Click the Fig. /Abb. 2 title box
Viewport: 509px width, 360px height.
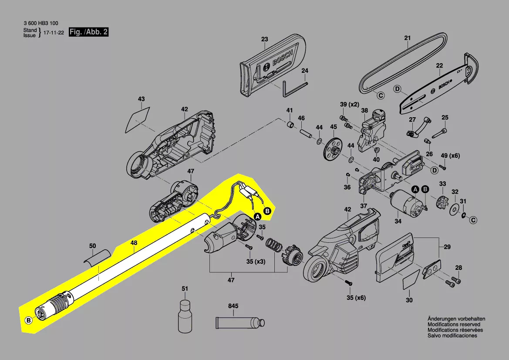coord(89,32)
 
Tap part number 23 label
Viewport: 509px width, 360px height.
coord(265,39)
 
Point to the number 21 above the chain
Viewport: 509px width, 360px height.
coord(408,38)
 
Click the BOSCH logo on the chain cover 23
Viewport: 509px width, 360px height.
coord(283,57)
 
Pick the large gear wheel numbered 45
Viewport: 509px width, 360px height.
coord(333,149)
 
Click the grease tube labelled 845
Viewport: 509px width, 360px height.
coord(240,323)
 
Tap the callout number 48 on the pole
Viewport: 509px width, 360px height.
coord(134,243)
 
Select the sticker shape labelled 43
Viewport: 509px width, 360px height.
coord(138,119)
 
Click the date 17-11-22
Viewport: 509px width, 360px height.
coord(54,33)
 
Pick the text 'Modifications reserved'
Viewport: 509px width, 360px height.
coord(454,324)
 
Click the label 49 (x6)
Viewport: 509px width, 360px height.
coord(450,156)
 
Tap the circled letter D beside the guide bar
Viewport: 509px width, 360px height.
coord(397,89)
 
